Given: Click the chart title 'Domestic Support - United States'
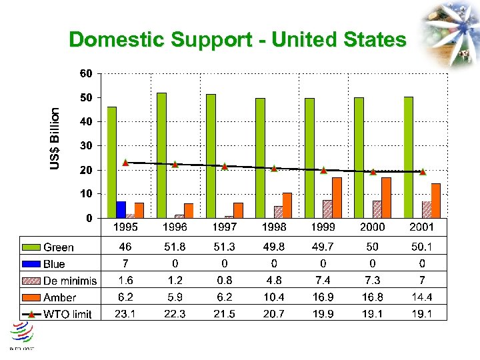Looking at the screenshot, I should (237, 40).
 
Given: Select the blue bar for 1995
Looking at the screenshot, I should (121, 209).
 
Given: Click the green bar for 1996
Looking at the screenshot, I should (161, 155).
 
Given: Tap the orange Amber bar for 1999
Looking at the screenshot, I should (337, 197).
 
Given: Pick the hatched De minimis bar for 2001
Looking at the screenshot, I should (426, 209).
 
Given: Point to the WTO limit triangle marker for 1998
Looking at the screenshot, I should (274, 168).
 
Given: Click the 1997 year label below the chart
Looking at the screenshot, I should (224, 228).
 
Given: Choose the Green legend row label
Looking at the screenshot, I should (59, 247).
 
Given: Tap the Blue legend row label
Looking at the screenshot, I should (54, 264).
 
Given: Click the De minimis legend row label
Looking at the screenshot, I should (70, 281).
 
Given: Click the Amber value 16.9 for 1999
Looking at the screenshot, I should (323, 297).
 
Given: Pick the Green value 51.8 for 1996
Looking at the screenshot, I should (175, 247).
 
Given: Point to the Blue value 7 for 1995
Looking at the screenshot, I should (125, 264).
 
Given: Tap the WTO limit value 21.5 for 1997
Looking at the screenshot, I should (224, 314).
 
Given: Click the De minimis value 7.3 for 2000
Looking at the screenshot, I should (372, 281).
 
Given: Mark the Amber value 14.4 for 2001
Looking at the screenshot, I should (421, 297).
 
